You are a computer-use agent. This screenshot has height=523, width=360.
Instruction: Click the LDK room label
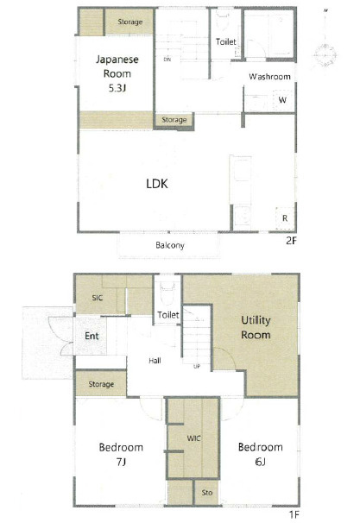pyautogui.click(x=157, y=184)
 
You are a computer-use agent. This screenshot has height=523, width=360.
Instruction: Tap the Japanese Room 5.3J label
pyautogui.click(x=117, y=73)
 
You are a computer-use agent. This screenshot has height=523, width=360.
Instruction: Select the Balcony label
pyautogui.click(x=170, y=245)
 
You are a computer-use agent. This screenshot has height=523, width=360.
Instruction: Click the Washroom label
pyautogui.click(x=269, y=77)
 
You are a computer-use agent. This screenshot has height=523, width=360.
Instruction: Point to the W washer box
pyautogui.click(x=282, y=100)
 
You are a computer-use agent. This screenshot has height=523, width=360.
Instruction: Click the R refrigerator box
pyautogui.click(x=285, y=218)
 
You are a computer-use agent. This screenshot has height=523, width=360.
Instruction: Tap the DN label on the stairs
pyautogui.click(x=167, y=60)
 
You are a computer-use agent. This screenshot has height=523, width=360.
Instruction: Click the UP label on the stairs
pyautogui.click(x=197, y=366)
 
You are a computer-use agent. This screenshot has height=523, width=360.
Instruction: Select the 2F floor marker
pyautogui.click(x=291, y=241)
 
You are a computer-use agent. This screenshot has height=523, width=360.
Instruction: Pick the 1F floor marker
pyautogui.click(x=294, y=514)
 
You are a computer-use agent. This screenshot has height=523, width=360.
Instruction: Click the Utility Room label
pyautogui.click(x=256, y=328)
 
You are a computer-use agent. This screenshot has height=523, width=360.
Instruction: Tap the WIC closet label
pyautogui.click(x=193, y=438)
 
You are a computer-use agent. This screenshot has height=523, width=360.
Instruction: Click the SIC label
pyautogui.click(x=97, y=298)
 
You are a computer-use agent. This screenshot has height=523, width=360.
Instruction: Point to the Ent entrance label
pyautogui.click(x=92, y=336)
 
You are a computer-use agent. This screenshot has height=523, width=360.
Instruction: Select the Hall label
pyautogui.click(x=155, y=361)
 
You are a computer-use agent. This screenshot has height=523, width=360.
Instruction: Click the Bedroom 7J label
pyautogui.click(x=121, y=454)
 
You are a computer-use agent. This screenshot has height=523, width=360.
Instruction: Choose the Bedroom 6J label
pyautogui.click(x=260, y=454)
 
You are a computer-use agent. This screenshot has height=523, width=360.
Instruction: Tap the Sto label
pyautogui.click(x=207, y=493)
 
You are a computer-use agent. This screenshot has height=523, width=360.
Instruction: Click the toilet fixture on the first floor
pyautogui.click(x=167, y=293)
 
